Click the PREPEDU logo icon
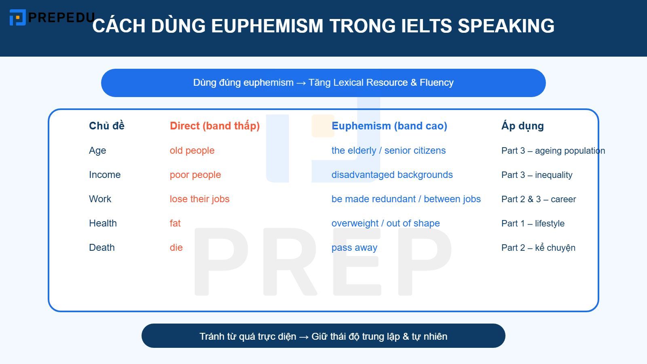tap(17, 17)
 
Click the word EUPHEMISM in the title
tap(267, 26)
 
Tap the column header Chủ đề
tap(106, 126)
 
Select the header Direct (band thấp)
tap(215, 126)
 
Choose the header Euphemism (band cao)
tap(389, 126)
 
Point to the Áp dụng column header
tap(522, 126)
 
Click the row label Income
tap(105, 175)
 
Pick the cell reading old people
tap(192, 150)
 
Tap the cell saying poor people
tap(195, 175)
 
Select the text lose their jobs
tap(199, 199)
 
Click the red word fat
tap(175, 223)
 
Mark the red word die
tap(176, 248)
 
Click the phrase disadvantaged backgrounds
tap(392, 175)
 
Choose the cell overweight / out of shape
tap(385, 223)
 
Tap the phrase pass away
tap(354, 248)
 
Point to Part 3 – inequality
tap(537, 175)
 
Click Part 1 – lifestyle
tap(533, 223)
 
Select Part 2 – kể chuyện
tap(538, 248)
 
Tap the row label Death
tap(101, 248)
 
